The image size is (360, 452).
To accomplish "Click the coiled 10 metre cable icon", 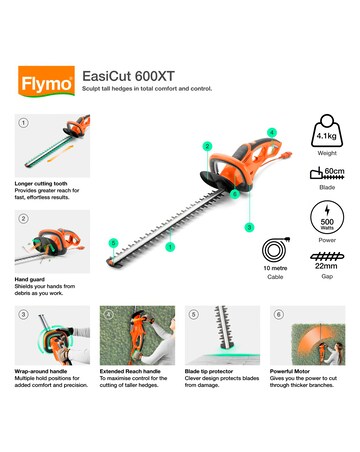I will (x=274, y=250).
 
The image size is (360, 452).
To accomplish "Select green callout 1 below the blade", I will (x=170, y=247).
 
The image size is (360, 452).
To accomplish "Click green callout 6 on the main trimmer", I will (x=113, y=242).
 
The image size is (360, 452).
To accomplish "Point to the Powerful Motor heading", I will (x=298, y=370).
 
